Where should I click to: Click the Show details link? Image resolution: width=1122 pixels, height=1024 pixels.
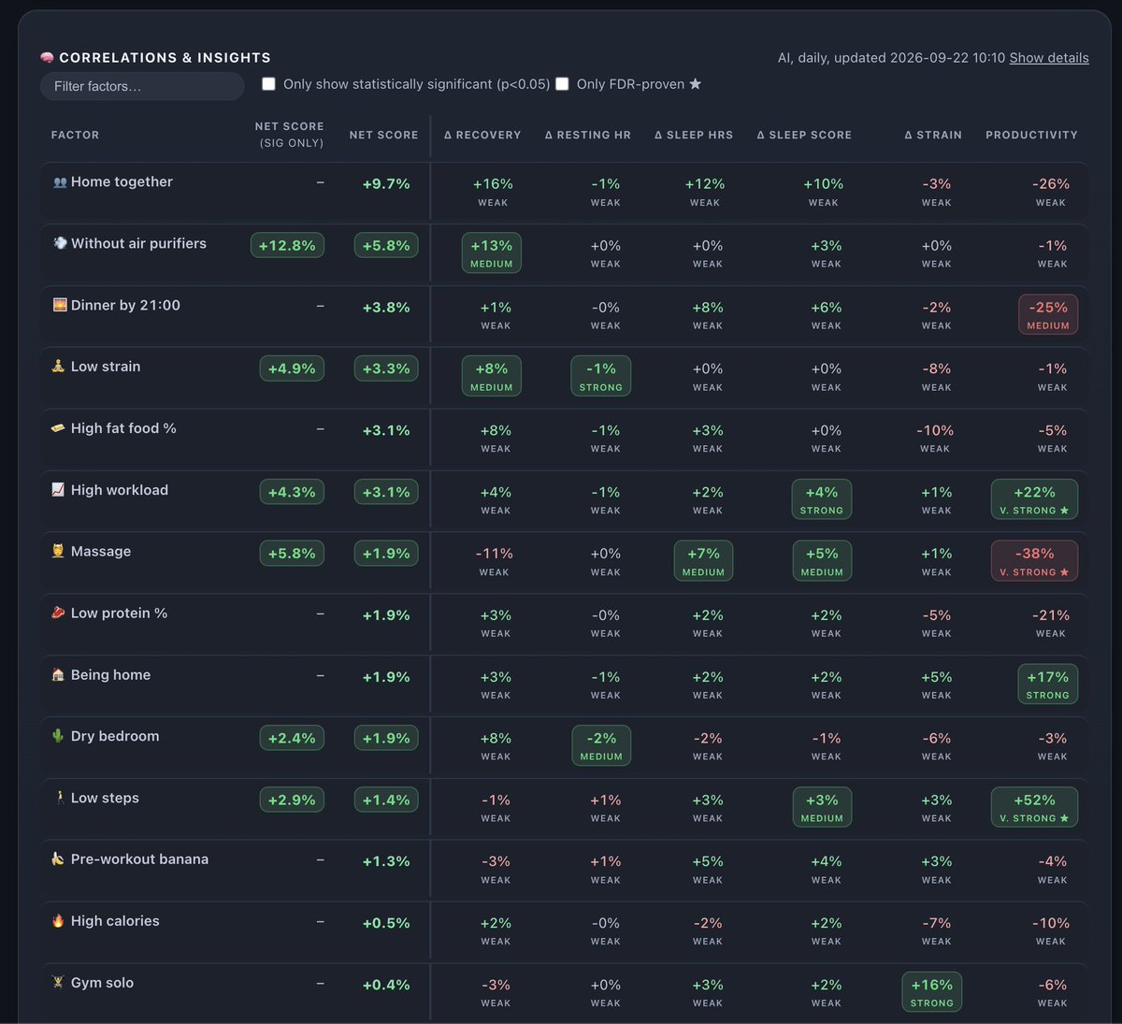point(1049,58)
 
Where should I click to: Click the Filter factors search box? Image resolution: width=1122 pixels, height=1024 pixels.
point(142,86)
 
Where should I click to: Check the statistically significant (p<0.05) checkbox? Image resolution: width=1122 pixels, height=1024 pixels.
point(268,84)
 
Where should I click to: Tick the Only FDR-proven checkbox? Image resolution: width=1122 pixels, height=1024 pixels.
point(562,84)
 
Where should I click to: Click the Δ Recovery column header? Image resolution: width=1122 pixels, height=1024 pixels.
point(482,135)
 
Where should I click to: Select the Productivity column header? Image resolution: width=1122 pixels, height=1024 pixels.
point(1031,135)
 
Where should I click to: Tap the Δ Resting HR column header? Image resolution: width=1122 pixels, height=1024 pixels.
point(588,135)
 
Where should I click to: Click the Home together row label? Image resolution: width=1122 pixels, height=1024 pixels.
point(122,181)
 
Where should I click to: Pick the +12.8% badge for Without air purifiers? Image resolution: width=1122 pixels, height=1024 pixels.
point(287,245)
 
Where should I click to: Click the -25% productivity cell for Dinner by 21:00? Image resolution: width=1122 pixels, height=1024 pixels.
point(1048,314)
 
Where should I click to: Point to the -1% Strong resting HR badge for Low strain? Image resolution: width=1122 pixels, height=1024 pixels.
point(600,376)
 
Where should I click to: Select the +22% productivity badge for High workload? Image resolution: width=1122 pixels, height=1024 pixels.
point(1034,499)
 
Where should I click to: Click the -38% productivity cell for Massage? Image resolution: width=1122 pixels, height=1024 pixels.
point(1034,561)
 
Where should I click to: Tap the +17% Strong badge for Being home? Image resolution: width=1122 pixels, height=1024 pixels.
point(1047,684)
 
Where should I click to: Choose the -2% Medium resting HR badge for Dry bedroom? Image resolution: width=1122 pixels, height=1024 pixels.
point(601,745)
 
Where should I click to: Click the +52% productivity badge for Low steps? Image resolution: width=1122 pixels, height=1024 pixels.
point(1034,807)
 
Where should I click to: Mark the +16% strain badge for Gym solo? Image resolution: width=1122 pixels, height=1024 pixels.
point(932,991)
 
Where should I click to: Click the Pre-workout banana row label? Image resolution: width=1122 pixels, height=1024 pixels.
point(139,858)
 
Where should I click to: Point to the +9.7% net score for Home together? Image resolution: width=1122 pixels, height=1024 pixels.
point(386,184)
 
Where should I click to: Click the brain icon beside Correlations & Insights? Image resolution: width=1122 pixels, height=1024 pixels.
point(47,57)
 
